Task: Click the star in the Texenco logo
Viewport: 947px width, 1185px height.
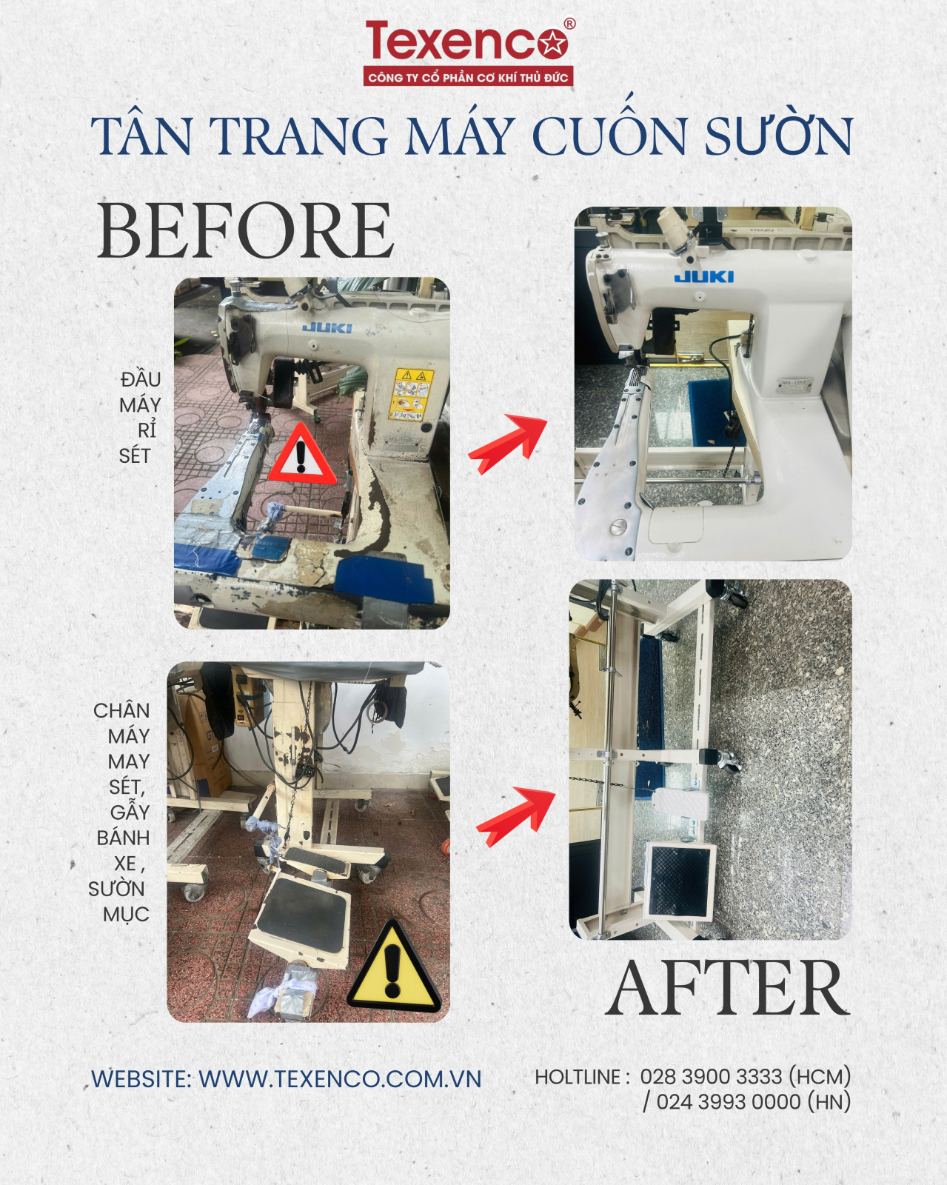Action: pos(553,43)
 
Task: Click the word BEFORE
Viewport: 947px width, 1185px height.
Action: pos(246,230)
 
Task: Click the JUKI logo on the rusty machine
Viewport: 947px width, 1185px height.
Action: pos(327,328)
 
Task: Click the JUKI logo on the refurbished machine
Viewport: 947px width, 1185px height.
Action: pos(704,276)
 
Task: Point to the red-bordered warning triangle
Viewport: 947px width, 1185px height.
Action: pos(301,455)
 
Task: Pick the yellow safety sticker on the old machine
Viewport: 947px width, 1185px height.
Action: pos(410,395)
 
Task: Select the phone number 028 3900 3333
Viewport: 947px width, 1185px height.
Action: pos(711,1077)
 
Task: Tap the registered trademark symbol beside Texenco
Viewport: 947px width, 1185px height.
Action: pos(570,24)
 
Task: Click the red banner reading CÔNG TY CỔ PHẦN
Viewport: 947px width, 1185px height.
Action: pos(468,77)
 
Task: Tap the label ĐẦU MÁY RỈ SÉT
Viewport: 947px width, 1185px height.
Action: pos(140,418)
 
